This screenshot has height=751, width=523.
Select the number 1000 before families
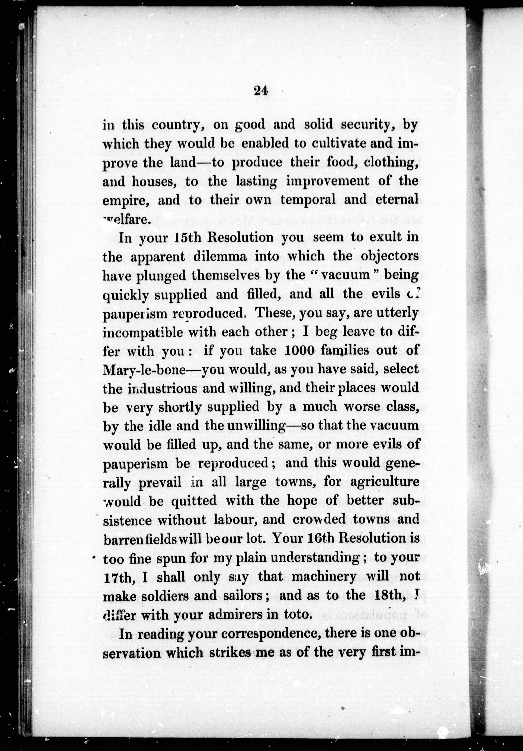300,351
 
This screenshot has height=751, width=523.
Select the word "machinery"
324,576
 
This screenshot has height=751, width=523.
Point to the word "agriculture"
385,482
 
